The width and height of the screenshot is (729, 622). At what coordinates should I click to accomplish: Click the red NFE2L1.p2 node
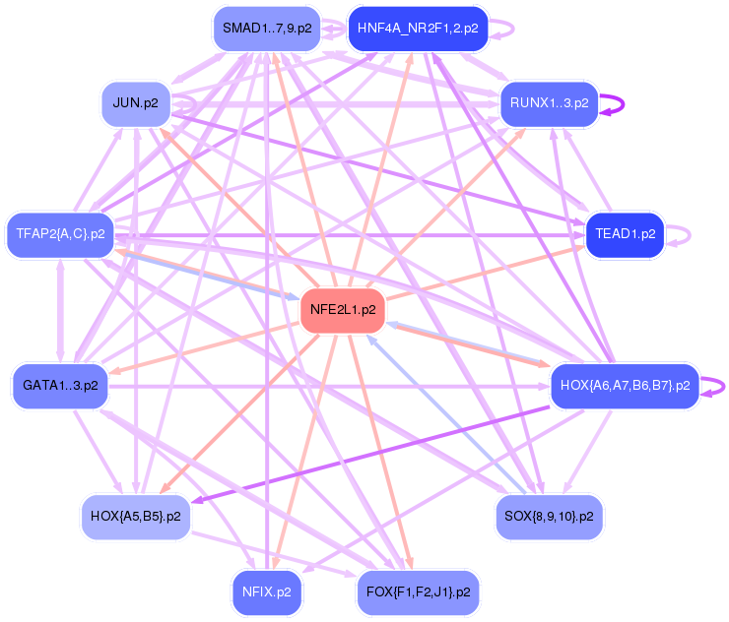click(342, 309)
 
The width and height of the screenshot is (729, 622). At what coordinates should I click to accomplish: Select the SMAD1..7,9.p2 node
click(266, 29)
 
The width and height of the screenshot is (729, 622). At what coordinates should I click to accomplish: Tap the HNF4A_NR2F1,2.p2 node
click(418, 29)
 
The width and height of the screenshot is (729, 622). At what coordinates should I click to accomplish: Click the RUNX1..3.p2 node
click(549, 102)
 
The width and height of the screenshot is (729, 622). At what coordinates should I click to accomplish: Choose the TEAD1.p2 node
click(625, 234)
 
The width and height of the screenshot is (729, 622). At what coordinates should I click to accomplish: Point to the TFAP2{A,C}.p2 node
click(60, 234)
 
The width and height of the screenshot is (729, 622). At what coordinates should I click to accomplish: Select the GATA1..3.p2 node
click(60, 385)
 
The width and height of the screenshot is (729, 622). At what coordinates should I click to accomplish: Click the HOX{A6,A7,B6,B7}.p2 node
click(625, 385)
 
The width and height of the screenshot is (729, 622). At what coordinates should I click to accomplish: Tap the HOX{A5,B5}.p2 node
click(135, 515)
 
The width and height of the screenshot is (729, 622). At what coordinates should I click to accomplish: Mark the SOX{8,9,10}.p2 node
click(549, 515)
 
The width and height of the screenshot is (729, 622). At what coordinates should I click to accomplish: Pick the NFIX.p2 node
click(266, 592)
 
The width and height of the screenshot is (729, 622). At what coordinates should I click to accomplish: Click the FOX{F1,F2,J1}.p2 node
click(418, 592)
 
